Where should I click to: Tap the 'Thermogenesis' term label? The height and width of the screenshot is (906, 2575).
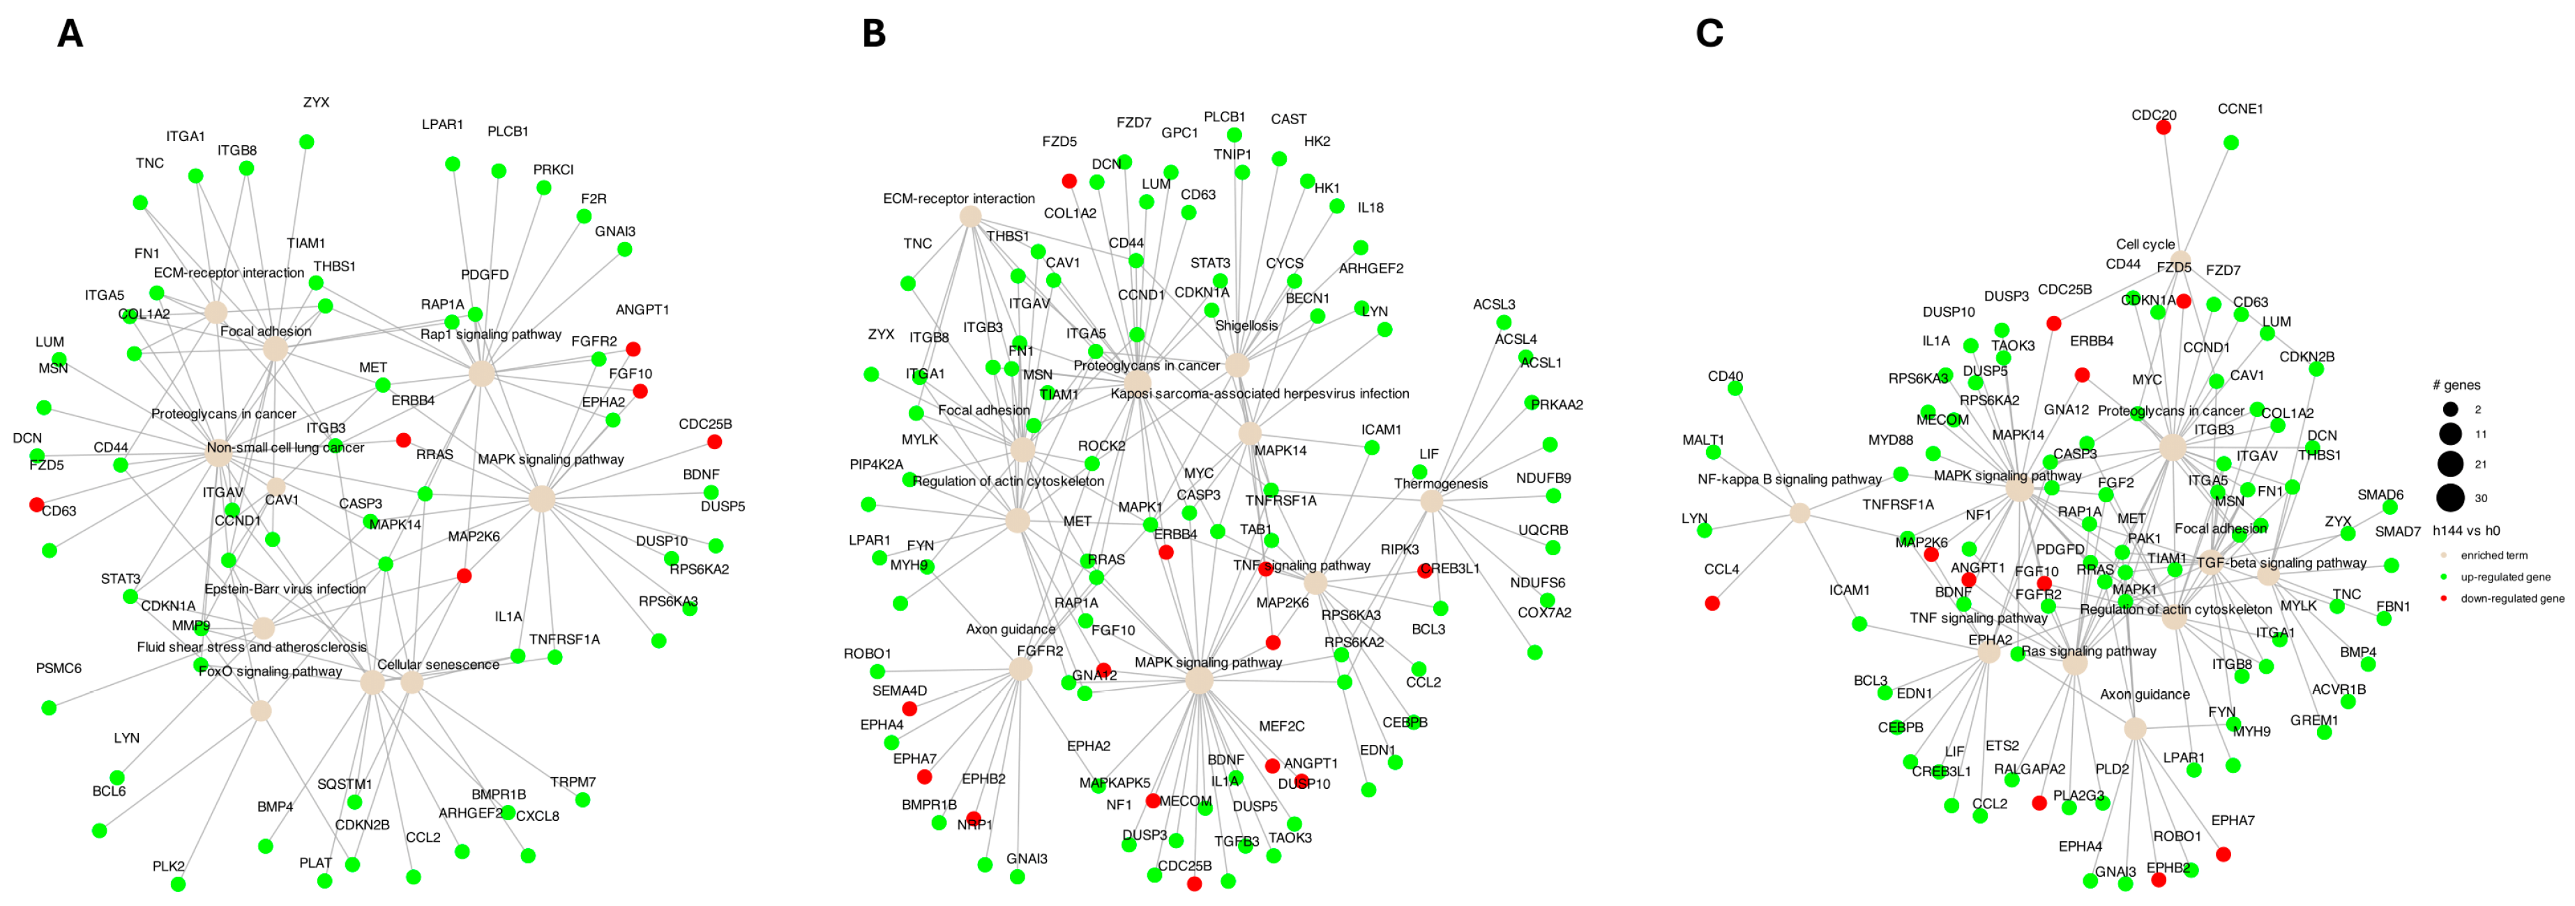[1440, 484]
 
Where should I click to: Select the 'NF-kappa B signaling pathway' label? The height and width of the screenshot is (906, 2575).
[1788, 480]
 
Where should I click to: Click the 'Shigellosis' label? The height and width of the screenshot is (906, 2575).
[1246, 326]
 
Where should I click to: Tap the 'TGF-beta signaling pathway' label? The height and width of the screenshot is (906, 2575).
[2281, 563]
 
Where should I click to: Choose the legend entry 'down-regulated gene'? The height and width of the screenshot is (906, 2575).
[2511, 599]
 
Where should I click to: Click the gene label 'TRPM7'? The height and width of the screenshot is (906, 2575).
[573, 782]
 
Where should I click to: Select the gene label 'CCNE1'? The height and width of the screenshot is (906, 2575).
[2240, 109]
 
